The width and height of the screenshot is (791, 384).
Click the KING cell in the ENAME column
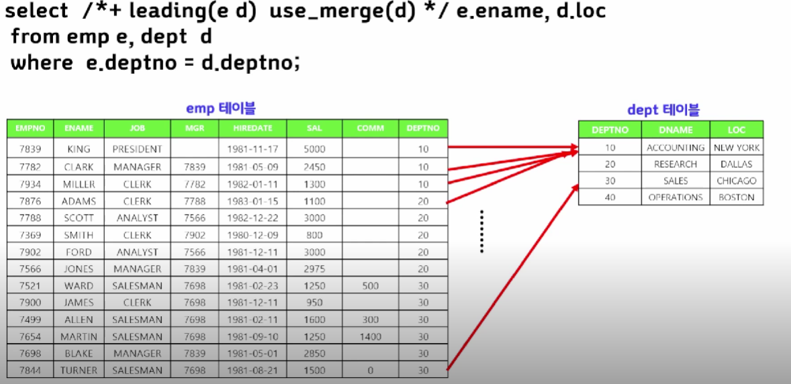click(79, 149)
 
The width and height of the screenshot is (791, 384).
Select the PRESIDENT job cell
click(137, 149)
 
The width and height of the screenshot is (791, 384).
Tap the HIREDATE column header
click(252, 128)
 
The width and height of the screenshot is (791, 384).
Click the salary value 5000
click(314, 149)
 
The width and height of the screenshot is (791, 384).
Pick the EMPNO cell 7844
click(30, 370)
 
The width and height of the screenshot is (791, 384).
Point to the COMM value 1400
click(370, 336)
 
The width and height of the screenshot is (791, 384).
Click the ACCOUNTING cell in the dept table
click(676, 148)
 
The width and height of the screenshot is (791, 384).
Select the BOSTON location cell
click(737, 197)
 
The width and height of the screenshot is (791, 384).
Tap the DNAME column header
click(676, 130)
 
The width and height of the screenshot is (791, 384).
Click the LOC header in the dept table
click(737, 130)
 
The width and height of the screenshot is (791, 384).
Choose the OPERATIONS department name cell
click(676, 197)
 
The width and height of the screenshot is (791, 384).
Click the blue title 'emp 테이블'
click(221, 108)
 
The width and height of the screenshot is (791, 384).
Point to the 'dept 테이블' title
click(663, 110)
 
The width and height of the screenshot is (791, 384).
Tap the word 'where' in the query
click(42, 62)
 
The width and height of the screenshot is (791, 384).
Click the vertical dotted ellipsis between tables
click(482, 231)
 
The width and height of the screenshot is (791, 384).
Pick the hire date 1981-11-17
click(252, 149)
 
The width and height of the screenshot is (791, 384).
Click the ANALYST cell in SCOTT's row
click(137, 218)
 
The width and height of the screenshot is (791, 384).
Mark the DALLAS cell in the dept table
click(737, 164)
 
